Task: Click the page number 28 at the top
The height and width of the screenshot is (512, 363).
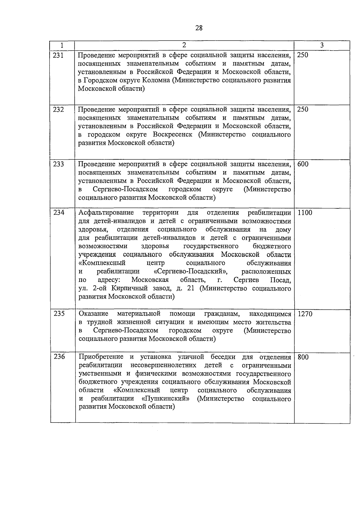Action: [x=199, y=28]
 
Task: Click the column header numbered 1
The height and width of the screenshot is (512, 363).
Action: [x=62, y=45]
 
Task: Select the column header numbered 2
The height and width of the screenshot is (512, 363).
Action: [x=184, y=45]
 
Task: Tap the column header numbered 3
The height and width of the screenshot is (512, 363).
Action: [x=322, y=45]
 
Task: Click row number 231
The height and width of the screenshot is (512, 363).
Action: [x=58, y=55]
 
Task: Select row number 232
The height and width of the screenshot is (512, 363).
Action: [x=58, y=109]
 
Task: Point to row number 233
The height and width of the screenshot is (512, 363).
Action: [x=58, y=164]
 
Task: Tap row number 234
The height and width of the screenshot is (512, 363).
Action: [x=59, y=213]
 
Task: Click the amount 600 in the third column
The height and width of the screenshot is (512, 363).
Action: [x=303, y=164]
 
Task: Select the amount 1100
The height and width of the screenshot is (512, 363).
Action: [x=305, y=213]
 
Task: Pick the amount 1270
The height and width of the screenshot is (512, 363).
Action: [x=305, y=314]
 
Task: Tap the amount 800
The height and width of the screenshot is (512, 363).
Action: [x=303, y=357]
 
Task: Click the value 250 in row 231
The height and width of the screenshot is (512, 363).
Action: [x=302, y=55]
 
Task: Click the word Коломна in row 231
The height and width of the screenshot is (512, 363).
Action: [x=156, y=80]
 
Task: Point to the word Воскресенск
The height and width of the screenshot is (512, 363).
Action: [x=172, y=135]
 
